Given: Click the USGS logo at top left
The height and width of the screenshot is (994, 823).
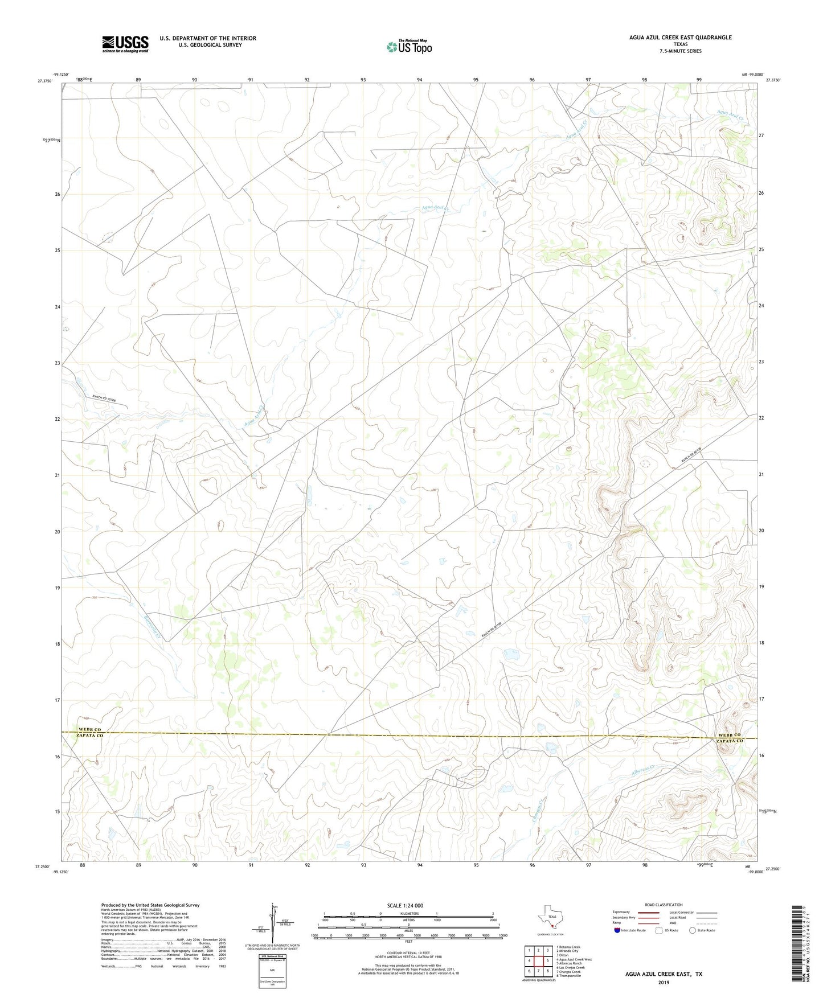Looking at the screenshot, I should coord(125,44).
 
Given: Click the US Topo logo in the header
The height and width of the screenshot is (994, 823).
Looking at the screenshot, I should coord(408,47).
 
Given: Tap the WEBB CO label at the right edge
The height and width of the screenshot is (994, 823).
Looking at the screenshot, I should coord(729,735).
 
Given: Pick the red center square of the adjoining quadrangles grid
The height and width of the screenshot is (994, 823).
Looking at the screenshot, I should coord(538,960).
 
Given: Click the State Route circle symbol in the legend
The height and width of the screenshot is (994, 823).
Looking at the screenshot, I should coord(692,931).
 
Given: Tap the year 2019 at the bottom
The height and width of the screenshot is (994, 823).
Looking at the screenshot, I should coord(664,982).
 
